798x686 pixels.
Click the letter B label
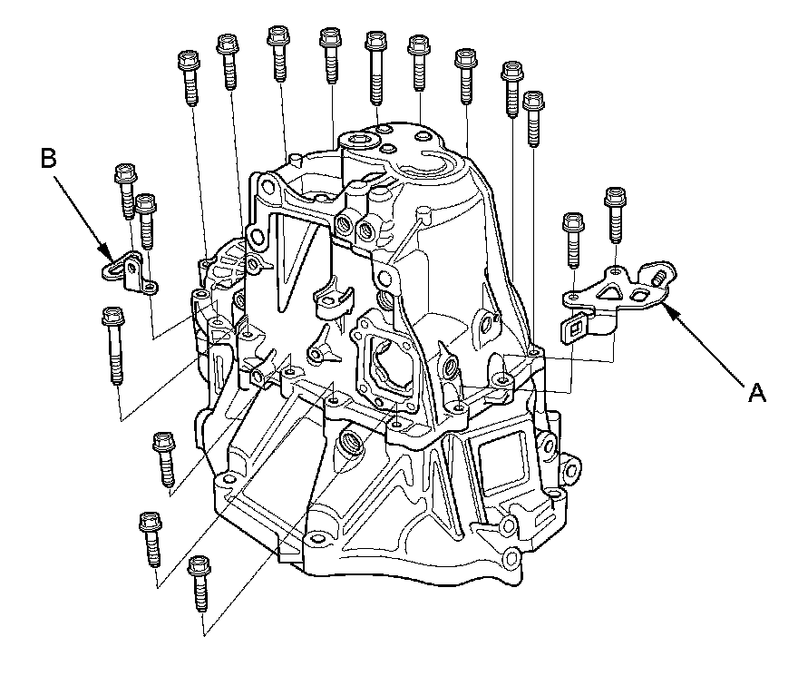pos(49,159)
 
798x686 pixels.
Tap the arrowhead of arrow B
pos(111,257)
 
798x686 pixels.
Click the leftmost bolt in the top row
pos(190,77)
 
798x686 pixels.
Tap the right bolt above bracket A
pos(616,215)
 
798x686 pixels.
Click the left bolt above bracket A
pos(573,239)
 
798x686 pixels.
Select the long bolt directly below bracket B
pos(113,345)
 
